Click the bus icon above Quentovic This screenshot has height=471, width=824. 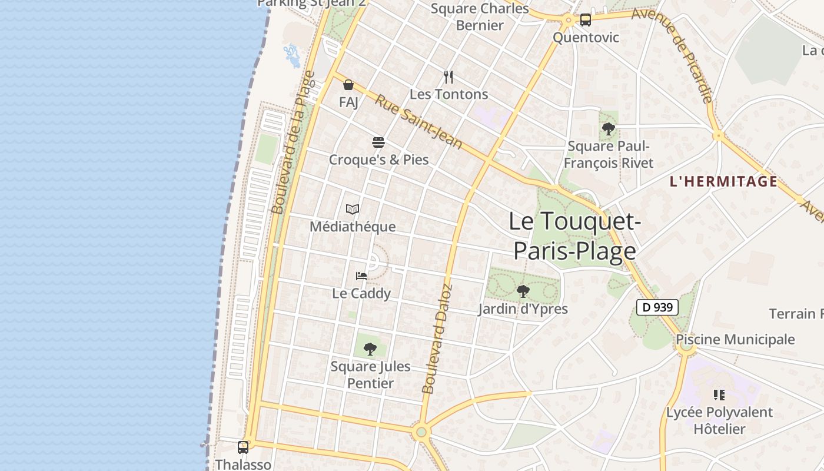(x=585, y=20)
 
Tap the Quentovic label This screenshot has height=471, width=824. (x=586, y=38)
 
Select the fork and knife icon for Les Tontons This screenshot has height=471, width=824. (x=448, y=77)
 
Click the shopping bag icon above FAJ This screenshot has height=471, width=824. (x=348, y=85)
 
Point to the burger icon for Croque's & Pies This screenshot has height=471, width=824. (x=378, y=142)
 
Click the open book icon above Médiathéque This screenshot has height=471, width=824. (x=353, y=209)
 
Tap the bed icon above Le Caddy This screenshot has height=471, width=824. (x=361, y=276)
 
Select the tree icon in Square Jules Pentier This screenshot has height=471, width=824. (x=370, y=349)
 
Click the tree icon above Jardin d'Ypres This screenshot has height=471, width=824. (x=523, y=291)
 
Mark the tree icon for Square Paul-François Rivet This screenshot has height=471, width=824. (x=609, y=128)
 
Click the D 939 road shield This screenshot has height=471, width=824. (x=657, y=307)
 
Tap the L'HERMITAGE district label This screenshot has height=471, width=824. (x=724, y=182)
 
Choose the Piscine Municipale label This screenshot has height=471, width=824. (x=735, y=340)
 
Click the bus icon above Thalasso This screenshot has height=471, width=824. (x=243, y=447)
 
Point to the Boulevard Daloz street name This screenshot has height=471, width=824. (x=437, y=339)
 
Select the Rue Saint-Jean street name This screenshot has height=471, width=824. (x=419, y=122)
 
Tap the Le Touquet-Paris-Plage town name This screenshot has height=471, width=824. (x=575, y=236)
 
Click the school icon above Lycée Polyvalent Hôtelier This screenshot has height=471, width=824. (x=719, y=394)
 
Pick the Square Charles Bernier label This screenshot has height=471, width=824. (x=480, y=16)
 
